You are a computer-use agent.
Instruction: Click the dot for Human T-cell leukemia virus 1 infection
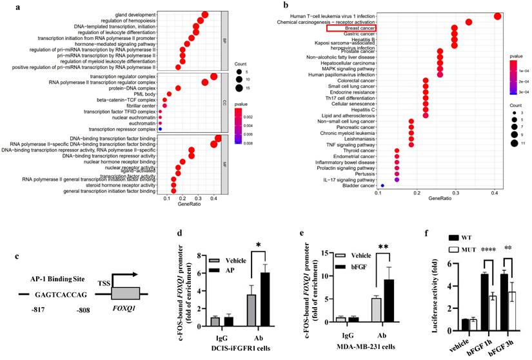497,16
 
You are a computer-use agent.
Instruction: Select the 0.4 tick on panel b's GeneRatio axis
495,193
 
